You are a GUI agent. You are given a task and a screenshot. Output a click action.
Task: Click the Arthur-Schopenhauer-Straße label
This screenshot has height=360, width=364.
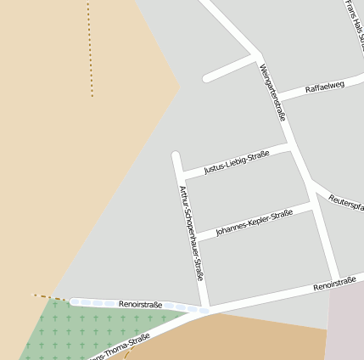(x=191, y=233)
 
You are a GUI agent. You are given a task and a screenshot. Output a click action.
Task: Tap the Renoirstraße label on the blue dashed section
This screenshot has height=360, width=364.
(x=141, y=303)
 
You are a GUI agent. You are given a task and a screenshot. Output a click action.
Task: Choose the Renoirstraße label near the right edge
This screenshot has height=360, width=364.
(x=338, y=284)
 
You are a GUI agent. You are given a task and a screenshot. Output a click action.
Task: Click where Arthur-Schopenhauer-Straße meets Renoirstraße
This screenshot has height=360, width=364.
(x=204, y=309)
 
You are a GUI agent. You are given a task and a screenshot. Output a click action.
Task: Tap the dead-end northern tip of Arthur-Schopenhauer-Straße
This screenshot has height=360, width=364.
(x=176, y=156)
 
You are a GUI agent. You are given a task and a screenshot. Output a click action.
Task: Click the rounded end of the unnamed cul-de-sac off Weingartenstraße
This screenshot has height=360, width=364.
(x=206, y=78)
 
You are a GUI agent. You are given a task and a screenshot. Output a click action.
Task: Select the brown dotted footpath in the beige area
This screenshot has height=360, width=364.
(x=90, y=51)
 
